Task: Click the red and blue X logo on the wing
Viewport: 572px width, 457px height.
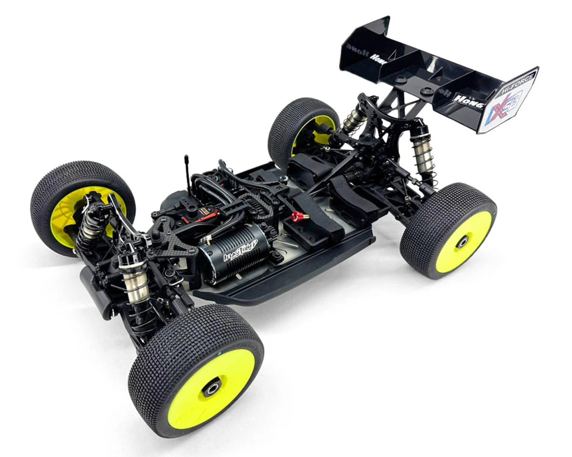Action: coord(505,108)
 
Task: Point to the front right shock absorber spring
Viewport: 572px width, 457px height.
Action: coord(136,281)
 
